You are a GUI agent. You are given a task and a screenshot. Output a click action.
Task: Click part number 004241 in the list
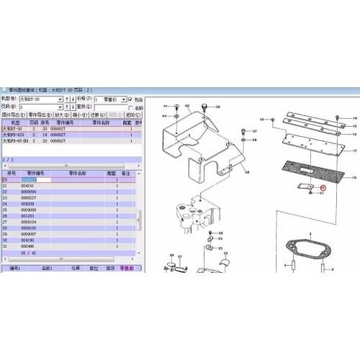[x=28, y=186]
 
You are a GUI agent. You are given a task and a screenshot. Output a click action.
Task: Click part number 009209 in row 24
[x=28, y=204]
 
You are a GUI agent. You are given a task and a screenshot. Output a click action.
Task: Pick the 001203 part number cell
[x=28, y=215]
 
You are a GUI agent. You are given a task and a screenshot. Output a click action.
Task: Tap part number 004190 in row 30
[x=28, y=240]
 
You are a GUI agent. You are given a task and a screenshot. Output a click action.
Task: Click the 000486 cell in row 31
[x=28, y=246]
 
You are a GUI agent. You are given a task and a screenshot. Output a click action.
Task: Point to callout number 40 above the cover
[x=187, y=106]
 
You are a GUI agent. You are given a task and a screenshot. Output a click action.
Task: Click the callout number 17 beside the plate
[x=354, y=150]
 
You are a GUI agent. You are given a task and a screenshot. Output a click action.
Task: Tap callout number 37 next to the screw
[x=254, y=131]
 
